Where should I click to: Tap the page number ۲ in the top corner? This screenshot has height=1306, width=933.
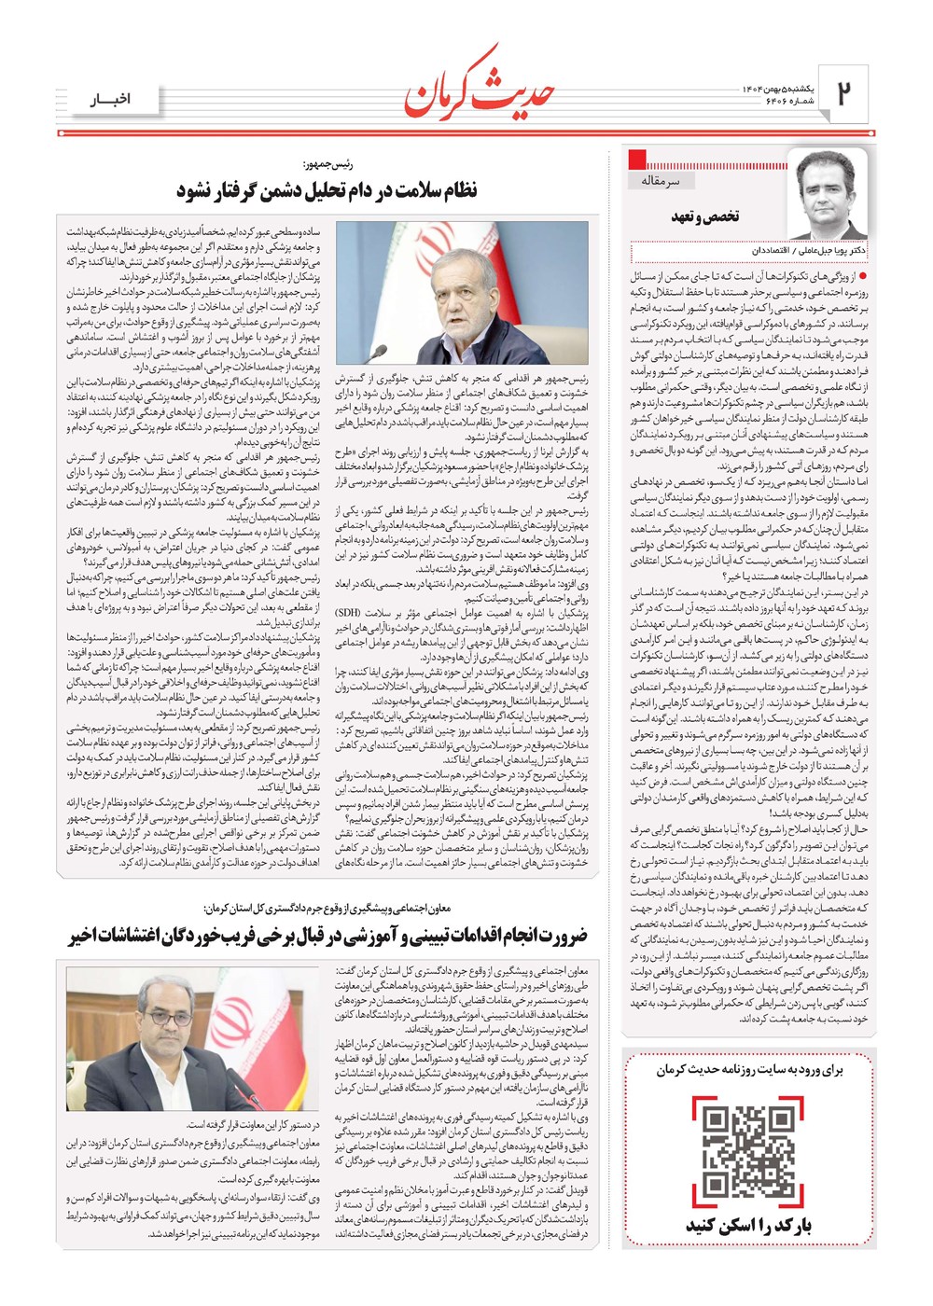tap(843, 92)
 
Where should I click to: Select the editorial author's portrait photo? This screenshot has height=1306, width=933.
tap(825, 194)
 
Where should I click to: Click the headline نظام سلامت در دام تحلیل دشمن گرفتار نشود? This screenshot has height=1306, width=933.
tap(327, 190)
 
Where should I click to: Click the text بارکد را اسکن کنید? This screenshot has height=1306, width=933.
tap(748, 1226)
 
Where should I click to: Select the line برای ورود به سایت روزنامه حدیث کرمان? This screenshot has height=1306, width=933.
tap(748, 1069)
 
